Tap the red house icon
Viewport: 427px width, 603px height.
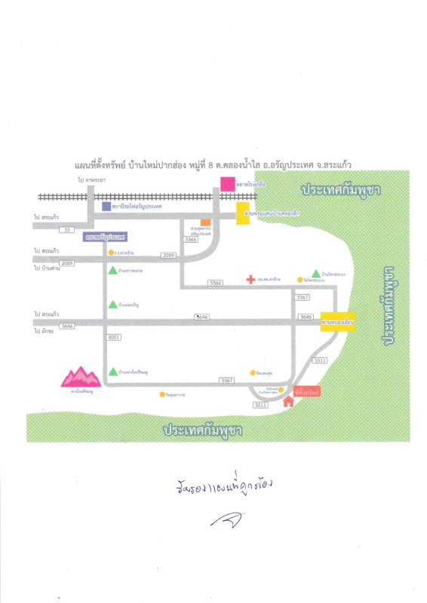pos(288,402)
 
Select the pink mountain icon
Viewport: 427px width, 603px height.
pos(80,375)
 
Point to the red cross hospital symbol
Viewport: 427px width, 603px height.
pos(250,280)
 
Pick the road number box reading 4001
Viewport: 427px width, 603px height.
pos(114,337)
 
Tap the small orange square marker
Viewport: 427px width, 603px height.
pos(205,222)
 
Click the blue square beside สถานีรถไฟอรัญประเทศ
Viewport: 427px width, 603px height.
pos(106,205)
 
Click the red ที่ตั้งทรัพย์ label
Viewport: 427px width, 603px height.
pos(308,392)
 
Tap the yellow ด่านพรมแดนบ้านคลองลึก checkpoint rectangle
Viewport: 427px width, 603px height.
pos(243,213)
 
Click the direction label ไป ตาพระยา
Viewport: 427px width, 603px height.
pos(91,181)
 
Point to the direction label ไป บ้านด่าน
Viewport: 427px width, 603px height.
pos(47,268)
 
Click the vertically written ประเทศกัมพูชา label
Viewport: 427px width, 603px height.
pos(390,305)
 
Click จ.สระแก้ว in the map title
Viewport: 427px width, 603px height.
pos(336,164)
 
